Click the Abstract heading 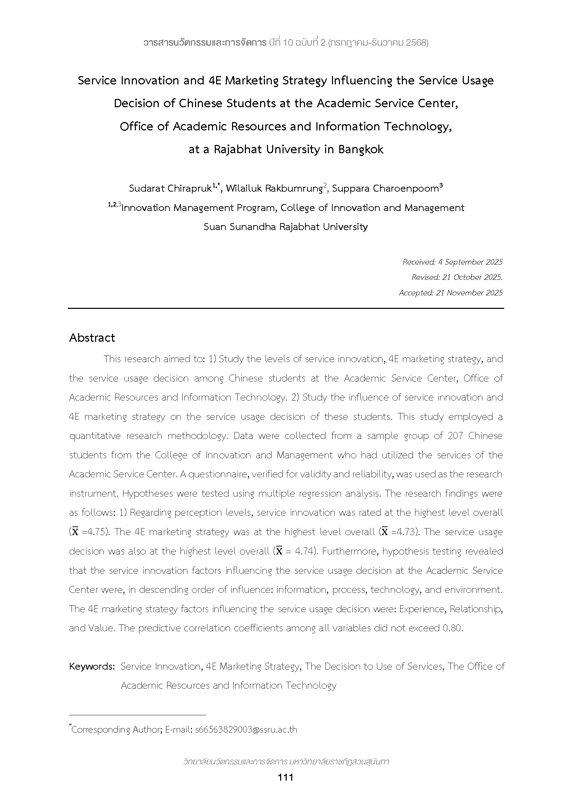click(x=92, y=338)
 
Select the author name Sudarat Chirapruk click(x=170, y=189)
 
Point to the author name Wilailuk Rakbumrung click(x=274, y=189)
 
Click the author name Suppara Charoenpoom click(x=385, y=189)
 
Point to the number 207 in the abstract click(x=455, y=436)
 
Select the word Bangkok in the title click(x=361, y=150)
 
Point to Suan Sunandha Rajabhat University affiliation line click(x=286, y=227)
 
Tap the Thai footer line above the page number click(x=286, y=762)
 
